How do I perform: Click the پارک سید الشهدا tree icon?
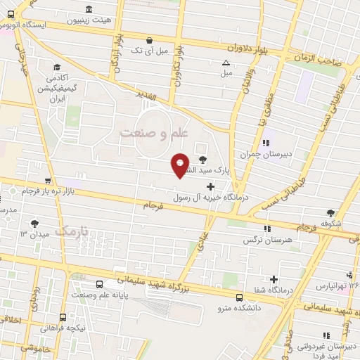pyautogui.click(x=203, y=159)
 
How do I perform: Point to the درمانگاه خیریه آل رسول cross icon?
pyautogui.click(x=210, y=185)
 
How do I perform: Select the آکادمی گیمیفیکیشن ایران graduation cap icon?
pyautogui.click(x=56, y=67)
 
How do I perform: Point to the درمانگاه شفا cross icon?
pyautogui.click(x=274, y=280)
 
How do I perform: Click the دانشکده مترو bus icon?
pyautogui.click(x=239, y=297)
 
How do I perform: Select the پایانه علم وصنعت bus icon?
pyautogui.click(x=98, y=284)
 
